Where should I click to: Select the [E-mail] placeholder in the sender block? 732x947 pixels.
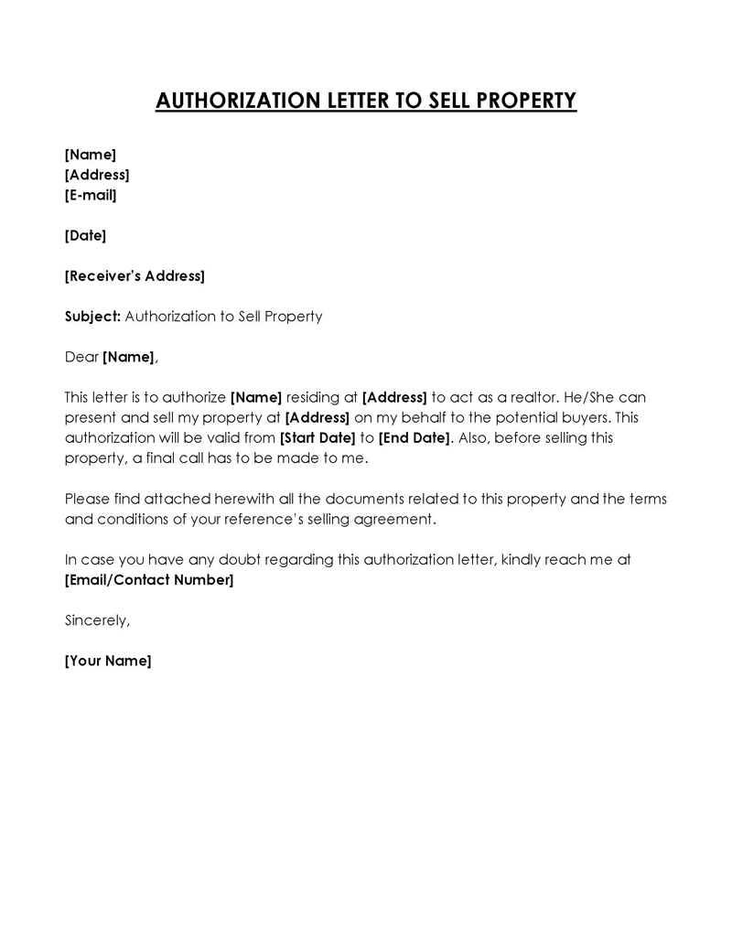pos(91,195)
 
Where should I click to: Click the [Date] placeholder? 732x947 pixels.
pos(85,235)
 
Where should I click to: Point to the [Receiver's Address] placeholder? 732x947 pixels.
pos(135,275)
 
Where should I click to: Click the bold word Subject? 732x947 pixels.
pos(92,317)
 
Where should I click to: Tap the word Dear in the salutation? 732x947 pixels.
pos(81,357)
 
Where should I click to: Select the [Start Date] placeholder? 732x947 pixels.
pos(317,437)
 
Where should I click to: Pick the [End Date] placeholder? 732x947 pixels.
pos(414,437)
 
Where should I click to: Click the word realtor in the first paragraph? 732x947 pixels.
pos(527,397)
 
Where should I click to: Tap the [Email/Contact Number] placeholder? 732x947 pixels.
pos(149,580)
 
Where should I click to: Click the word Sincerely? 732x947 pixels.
pos(97,620)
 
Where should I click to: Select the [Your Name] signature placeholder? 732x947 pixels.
pos(108,661)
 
